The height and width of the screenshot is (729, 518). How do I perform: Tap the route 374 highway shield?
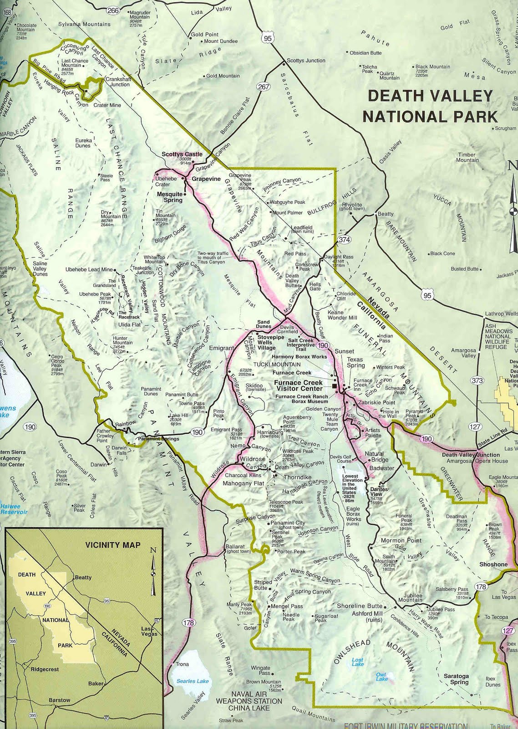pyautogui.click(x=344, y=239)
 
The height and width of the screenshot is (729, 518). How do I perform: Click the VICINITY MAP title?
pyautogui.click(x=113, y=544)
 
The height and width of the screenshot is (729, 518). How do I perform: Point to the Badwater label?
pyautogui.click(x=381, y=468)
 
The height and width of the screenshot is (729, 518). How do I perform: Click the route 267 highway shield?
pyautogui.click(x=264, y=87)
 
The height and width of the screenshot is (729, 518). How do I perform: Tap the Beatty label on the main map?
pyautogui.click(x=386, y=214)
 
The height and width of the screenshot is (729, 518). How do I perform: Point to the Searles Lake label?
pyautogui.click(x=193, y=681)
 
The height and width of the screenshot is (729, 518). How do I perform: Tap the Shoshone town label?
pyautogui.click(x=493, y=564)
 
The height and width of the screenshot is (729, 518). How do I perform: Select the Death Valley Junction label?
pyautogui.click(x=464, y=455)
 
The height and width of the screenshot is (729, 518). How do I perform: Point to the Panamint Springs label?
pyautogui.click(x=152, y=439)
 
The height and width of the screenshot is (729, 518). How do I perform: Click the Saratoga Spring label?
pyautogui.click(x=456, y=679)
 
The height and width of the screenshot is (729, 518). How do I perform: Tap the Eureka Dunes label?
pyautogui.click(x=83, y=143)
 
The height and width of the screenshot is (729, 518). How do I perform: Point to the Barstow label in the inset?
pyautogui.click(x=60, y=700)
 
